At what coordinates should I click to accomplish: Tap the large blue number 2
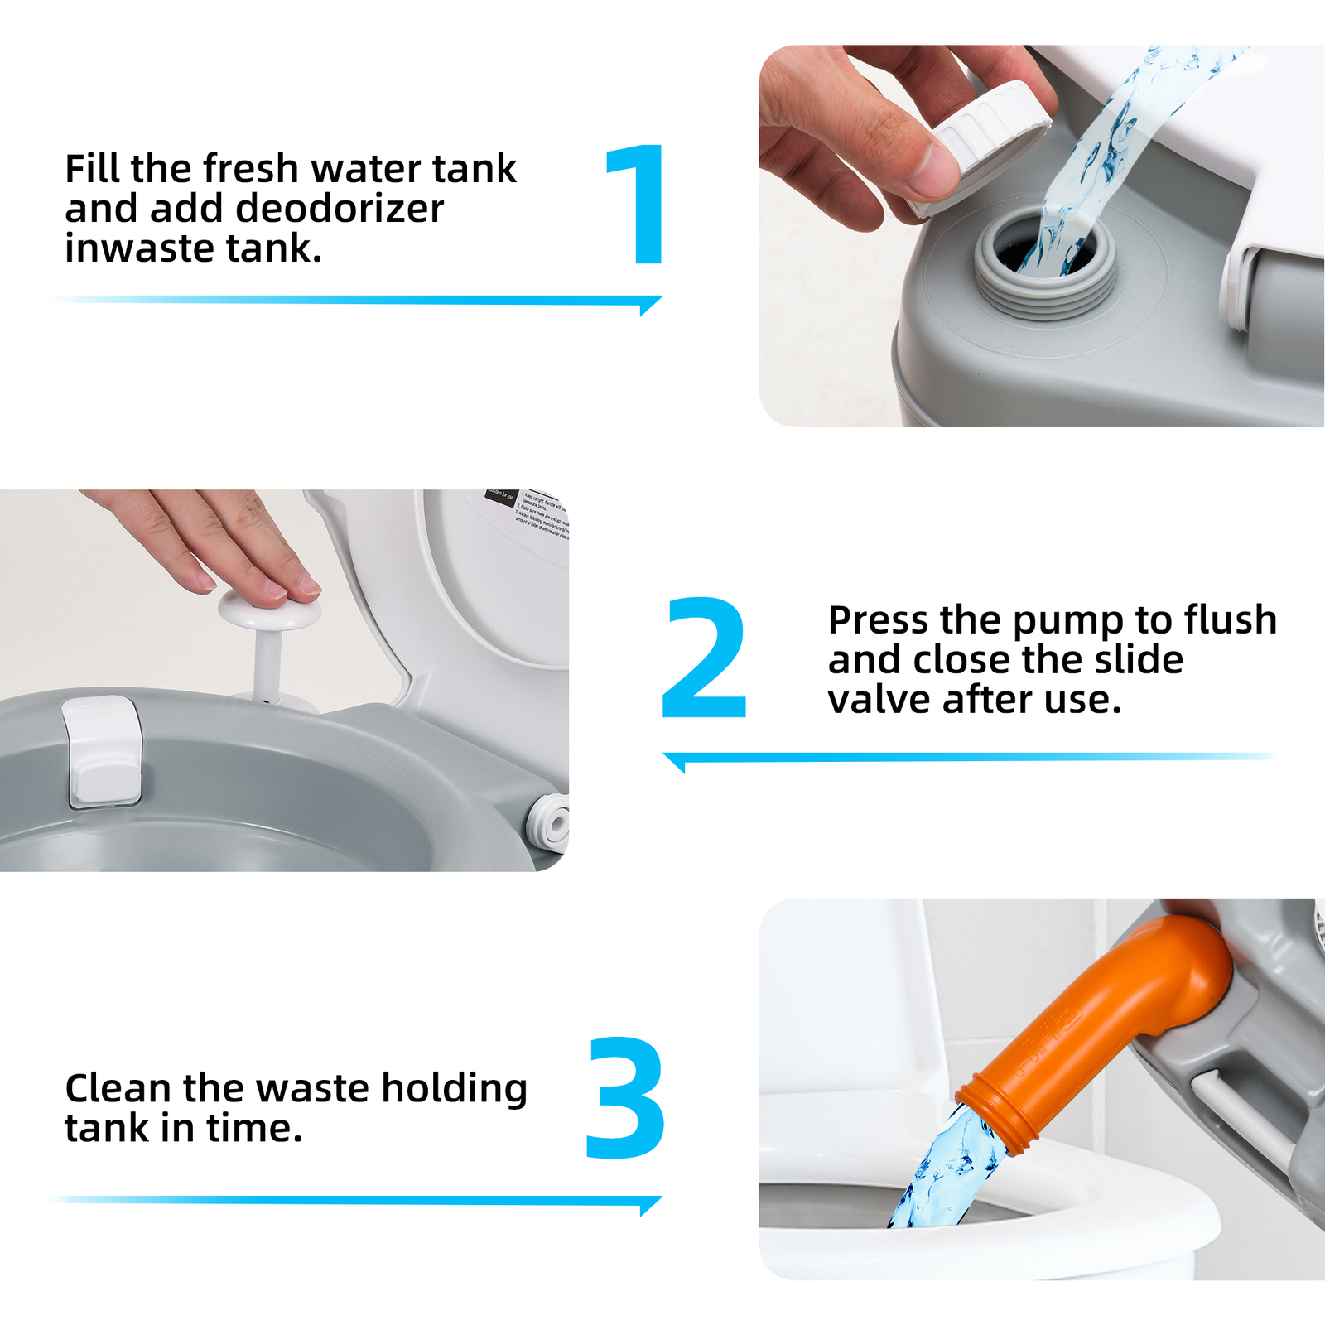(x=705, y=658)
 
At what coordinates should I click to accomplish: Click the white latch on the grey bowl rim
(x=102, y=749)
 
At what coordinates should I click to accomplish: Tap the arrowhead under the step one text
(x=650, y=305)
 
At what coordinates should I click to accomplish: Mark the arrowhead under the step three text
(x=650, y=1205)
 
